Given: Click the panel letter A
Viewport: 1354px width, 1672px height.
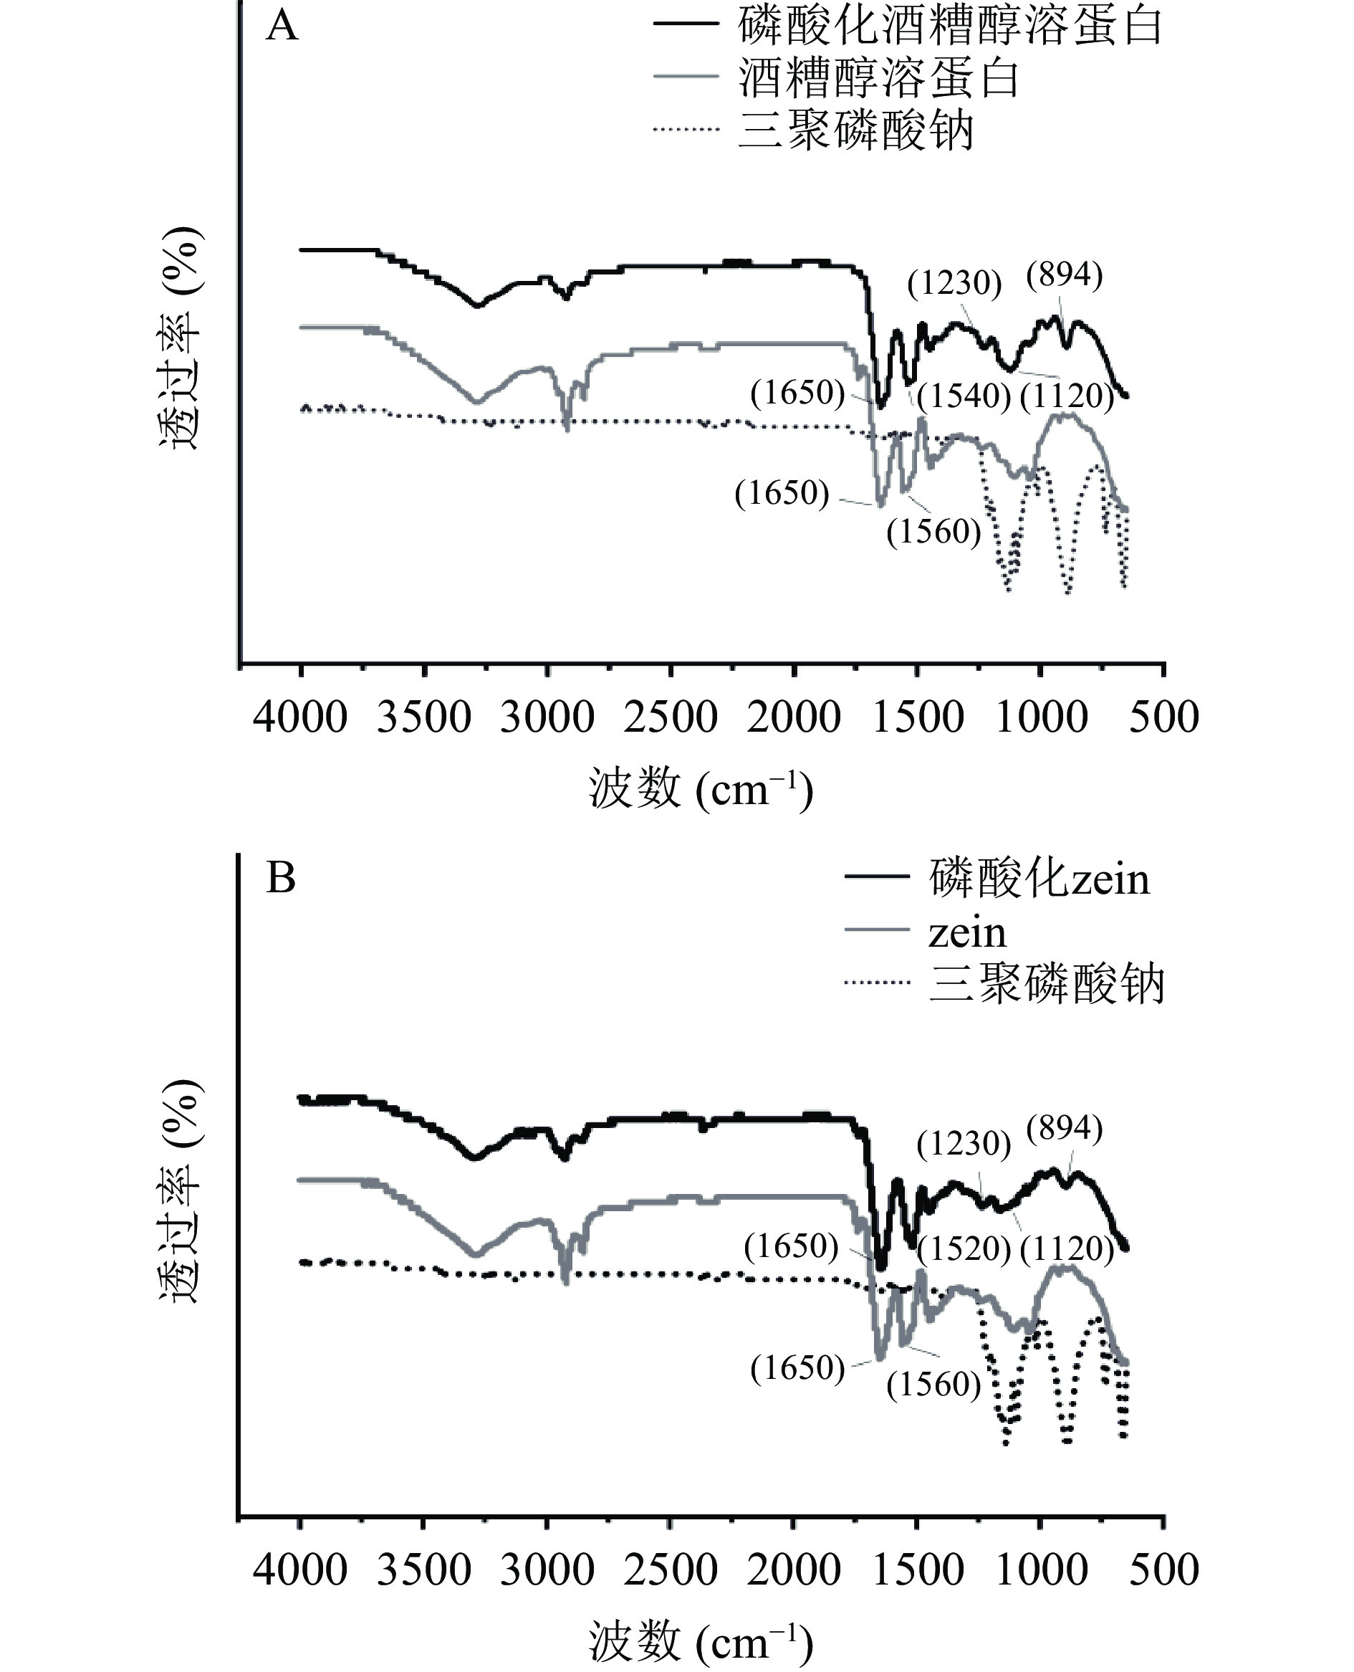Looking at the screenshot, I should point(282,27).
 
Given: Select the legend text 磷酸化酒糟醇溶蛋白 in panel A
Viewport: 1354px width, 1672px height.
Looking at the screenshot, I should point(950,27).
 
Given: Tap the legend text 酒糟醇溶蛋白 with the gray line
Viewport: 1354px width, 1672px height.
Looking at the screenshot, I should point(878,79).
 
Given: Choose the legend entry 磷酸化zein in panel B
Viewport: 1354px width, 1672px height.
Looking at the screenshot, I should point(1039,879).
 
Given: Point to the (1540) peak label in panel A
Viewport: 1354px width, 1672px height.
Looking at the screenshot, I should point(964,396).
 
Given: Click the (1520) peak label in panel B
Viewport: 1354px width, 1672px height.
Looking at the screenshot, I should point(964,1248).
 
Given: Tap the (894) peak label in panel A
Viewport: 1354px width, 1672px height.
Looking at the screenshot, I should point(1065,275).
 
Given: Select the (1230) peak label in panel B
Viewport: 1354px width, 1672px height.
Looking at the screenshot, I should point(964,1144).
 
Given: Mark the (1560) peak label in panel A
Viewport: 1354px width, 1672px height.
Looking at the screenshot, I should point(933,531).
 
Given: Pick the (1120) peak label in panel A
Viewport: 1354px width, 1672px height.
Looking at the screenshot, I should point(1067,396).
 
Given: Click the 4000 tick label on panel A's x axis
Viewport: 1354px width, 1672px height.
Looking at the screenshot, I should point(300,717).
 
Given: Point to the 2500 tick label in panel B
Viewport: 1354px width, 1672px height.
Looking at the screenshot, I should point(671,1569).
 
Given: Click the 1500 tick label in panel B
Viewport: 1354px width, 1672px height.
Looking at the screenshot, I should point(918,1569).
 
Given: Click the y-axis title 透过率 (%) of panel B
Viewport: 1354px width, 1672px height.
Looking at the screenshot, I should point(182,1191).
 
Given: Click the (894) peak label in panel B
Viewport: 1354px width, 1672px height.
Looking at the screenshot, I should point(1065,1129).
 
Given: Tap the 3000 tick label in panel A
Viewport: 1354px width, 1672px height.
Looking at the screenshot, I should point(547,717).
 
